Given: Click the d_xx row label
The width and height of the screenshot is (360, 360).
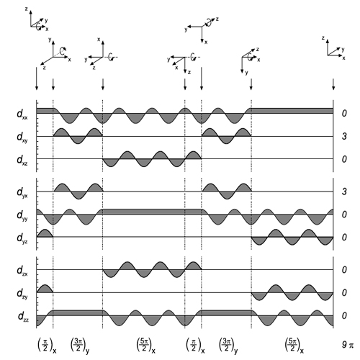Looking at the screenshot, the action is click(x=22, y=114).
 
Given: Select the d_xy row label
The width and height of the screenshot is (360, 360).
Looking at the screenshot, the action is click(x=22, y=137).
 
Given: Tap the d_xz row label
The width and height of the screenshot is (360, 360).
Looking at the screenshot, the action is click(x=22, y=160).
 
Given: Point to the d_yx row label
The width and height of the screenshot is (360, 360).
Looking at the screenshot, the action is click(x=22, y=192).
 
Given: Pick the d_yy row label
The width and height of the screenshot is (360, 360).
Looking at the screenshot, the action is click(x=22, y=215).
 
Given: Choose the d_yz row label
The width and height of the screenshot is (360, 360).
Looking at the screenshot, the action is click(x=22, y=238).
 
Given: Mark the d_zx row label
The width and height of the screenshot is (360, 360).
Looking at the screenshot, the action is click(x=22, y=271).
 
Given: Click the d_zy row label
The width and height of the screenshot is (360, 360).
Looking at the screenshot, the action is click(x=22, y=294).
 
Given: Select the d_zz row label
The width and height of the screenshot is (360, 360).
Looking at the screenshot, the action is click(x=23, y=316).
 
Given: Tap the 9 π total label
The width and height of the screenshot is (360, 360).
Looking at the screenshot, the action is click(x=348, y=345).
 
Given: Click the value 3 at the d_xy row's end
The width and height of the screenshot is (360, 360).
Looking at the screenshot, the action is click(x=344, y=136).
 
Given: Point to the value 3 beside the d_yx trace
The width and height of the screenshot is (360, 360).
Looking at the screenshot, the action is click(x=344, y=192).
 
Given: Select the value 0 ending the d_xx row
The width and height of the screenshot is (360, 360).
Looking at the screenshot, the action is click(x=344, y=113).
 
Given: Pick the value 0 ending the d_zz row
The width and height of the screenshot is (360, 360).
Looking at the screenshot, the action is click(x=344, y=315).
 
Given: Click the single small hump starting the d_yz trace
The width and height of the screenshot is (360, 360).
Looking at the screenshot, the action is click(x=45, y=233).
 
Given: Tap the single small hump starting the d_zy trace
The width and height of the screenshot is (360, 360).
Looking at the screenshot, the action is click(x=45, y=289).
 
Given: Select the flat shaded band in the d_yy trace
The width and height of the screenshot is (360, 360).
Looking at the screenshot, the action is click(x=152, y=212).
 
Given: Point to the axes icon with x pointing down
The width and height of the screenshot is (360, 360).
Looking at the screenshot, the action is click(x=202, y=30).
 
